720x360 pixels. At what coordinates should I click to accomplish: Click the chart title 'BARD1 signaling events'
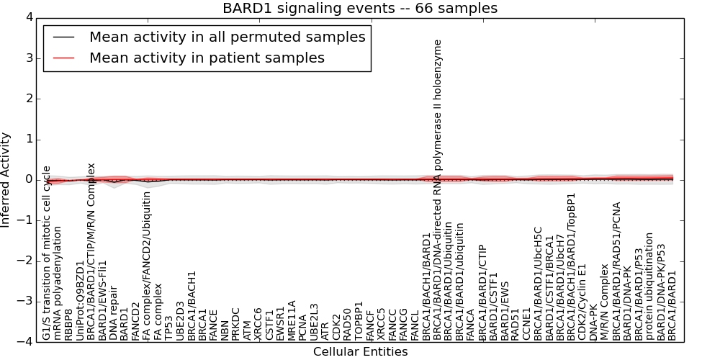click(x=359, y=9)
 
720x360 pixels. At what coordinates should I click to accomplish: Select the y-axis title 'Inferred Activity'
click(x=6, y=179)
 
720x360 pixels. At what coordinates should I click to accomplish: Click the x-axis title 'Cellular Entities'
click(x=360, y=352)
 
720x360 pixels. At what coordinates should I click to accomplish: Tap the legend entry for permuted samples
click(x=227, y=37)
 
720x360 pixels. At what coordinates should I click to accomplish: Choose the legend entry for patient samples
click(x=207, y=58)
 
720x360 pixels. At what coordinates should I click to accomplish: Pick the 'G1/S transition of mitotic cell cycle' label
click(x=47, y=253)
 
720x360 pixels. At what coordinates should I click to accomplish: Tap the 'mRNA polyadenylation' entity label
click(x=58, y=283)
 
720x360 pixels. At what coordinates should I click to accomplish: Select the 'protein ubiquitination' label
click(x=649, y=286)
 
